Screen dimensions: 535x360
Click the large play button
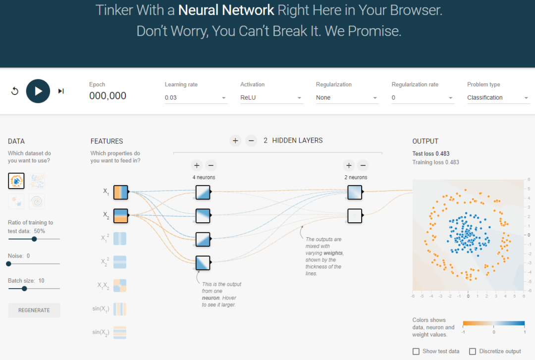38,91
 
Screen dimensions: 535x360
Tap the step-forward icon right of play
61,91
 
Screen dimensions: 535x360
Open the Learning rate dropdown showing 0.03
196,98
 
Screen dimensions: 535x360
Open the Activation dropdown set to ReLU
271,98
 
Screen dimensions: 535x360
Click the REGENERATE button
34,310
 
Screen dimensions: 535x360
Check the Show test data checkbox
416,351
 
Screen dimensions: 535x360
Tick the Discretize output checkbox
473,351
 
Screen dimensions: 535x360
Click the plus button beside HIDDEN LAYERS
235,141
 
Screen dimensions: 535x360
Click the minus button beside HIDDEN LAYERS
251,141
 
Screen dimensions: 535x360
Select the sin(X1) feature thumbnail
120,309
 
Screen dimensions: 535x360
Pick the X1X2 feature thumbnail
120,286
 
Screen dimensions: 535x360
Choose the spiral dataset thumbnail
37,202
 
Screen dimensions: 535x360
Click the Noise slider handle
8,264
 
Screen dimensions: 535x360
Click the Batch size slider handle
24,289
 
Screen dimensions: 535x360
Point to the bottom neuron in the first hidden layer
203,263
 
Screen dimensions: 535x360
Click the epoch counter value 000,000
108,96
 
